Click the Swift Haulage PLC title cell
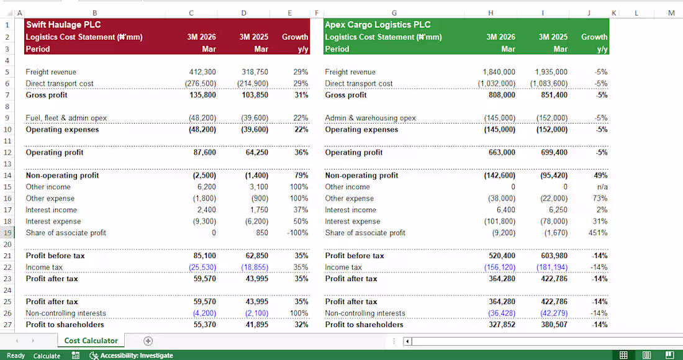[x=63, y=25]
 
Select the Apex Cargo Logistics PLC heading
[x=378, y=25]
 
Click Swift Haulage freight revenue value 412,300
[x=202, y=72]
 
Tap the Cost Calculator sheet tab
[x=91, y=341]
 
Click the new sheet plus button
[x=148, y=341]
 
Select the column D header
[x=243, y=13]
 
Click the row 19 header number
[x=7, y=233]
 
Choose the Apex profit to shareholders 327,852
[x=502, y=325]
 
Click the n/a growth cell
[x=602, y=187]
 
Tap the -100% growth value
[x=298, y=233]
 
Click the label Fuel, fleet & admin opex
[x=66, y=118]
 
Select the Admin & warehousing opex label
[x=370, y=118]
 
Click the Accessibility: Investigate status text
[x=137, y=356]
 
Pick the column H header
[x=491, y=13]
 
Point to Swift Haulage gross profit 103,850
[x=255, y=95]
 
